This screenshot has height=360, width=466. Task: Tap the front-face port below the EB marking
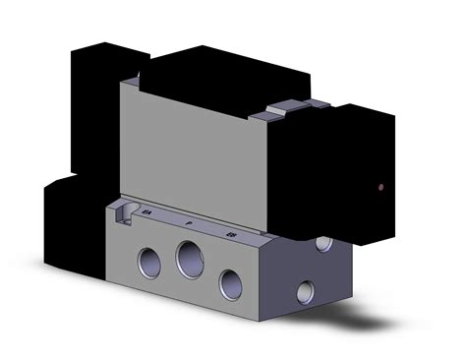[x=231, y=283]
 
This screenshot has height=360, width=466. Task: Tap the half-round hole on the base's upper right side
[x=324, y=242]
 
